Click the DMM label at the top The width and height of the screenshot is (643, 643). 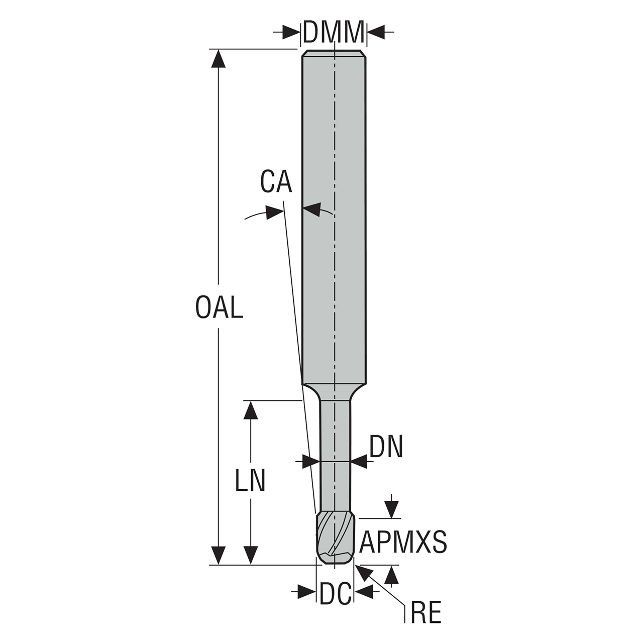click(x=334, y=32)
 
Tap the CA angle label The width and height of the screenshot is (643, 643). click(x=276, y=182)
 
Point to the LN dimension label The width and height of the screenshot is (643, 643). click(x=250, y=481)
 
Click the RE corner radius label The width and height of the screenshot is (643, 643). click(x=425, y=613)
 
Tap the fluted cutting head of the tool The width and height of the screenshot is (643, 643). click(x=336, y=538)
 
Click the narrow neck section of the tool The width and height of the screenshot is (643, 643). click(x=336, y=452)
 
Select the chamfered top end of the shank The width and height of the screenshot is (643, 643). click(x=334, y=53)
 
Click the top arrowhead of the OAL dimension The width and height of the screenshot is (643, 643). click(x=218, y=58)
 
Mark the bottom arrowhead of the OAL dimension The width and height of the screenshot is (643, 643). click(x=218, y=556)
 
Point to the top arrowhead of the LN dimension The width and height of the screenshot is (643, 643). click(x=250, y=409)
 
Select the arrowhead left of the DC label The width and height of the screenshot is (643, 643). click(x=306, y=592)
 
